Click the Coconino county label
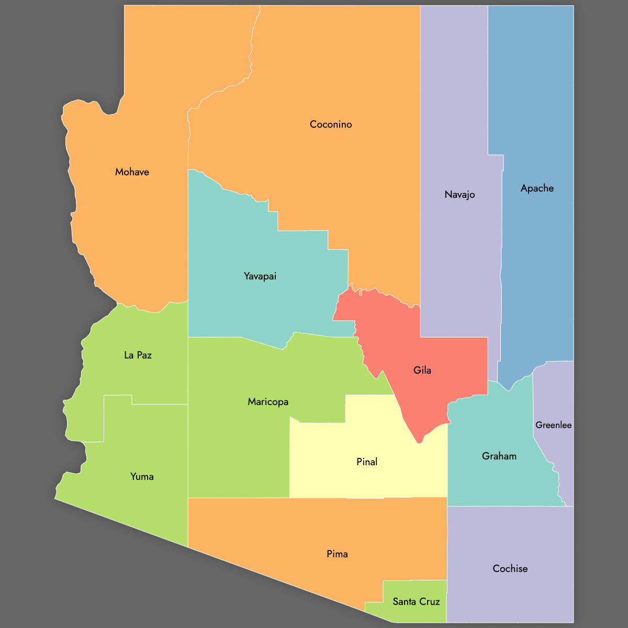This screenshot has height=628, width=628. coord(331,125)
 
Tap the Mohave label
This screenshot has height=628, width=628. coord(132,172)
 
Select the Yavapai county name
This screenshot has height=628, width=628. coord(260,276)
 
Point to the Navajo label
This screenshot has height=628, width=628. coord(459,195)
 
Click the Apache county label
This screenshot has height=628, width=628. coord(537,188)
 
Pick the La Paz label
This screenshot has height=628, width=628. coord(138,355)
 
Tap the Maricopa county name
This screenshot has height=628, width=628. coord(268,402)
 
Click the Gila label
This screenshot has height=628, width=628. coord(422,371)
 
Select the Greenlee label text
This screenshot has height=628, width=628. coord(553,425)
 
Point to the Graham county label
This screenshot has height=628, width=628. coord(499,456)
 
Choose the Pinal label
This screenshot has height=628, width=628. coord(367,462)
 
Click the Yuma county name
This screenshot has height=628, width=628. coord(142,477)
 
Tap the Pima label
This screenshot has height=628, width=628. coord(337,554)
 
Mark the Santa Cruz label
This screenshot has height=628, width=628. coord(416,602)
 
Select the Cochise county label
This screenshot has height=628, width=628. coord(510,569)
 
